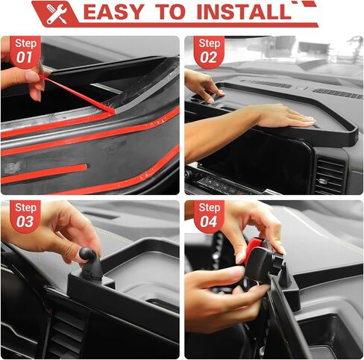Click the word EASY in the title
coord(113,12)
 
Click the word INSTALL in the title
coord(244,12)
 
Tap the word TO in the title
coord(170,12)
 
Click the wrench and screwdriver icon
coord(57,13)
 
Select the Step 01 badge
coord(25,52)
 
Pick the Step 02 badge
coord(209,52)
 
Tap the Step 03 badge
coord(25,216)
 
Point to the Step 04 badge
coord(209,216)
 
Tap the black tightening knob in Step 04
coord(277,264)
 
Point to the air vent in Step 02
coord(330,174)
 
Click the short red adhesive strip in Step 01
coord(45,173)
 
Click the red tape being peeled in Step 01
coord(77,94)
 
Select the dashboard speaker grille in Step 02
coord(338,93)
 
